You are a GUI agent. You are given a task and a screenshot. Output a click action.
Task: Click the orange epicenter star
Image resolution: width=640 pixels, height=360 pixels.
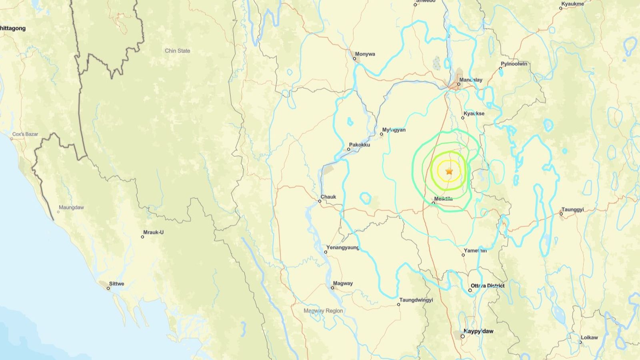[449, 171]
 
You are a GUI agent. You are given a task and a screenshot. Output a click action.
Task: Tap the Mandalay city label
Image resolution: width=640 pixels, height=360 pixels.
[471, 80]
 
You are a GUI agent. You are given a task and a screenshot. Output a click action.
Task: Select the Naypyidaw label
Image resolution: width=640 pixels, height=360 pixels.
[478, 331]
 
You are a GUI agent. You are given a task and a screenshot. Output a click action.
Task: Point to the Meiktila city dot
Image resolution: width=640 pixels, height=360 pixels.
[433, 203]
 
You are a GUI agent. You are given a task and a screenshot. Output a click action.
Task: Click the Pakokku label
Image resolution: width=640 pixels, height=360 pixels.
[359, 145]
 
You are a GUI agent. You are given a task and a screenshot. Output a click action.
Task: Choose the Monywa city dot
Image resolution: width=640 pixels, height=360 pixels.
[354, 59]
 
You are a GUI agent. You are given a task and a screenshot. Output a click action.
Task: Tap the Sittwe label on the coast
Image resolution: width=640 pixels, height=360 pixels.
[116, 284]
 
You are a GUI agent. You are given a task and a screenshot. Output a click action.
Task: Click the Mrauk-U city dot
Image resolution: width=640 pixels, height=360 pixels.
[142, 237]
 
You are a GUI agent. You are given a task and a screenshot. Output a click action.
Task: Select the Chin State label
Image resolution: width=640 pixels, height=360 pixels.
[178, 51]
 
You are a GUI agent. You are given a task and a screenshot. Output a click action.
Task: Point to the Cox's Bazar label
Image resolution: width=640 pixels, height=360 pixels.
[25, 134]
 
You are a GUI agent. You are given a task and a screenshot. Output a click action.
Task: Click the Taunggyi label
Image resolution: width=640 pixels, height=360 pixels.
[572, 210]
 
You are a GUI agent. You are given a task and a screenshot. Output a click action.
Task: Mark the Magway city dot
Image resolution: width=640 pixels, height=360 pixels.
[332, 288]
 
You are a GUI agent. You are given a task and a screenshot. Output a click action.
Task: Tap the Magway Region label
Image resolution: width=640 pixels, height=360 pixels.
[323, 311]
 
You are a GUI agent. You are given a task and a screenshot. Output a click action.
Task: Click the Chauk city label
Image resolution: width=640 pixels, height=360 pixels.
[328, 197]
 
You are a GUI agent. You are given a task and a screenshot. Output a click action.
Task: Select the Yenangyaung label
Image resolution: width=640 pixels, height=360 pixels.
[343, 248]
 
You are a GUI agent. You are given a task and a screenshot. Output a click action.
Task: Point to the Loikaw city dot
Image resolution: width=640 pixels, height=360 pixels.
[581, 342]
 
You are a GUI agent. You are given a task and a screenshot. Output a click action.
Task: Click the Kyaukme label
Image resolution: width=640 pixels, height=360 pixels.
[572, 4]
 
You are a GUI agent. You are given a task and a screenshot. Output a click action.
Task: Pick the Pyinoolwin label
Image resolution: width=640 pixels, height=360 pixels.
[514, 64]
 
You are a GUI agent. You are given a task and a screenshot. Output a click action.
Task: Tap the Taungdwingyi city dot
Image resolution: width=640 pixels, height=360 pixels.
[398, 304]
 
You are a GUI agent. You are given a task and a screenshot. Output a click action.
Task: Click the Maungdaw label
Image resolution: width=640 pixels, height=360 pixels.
[71, 208]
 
